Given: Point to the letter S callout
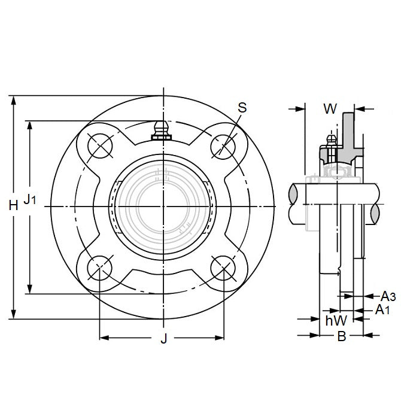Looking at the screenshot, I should (x=242, y=107).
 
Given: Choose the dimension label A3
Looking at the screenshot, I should (x=388, y=296).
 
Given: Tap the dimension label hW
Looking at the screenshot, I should (x=336, y=321).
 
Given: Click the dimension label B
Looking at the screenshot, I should (x=341, y=336).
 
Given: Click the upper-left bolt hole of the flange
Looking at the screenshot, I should (x=98, y=145).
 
